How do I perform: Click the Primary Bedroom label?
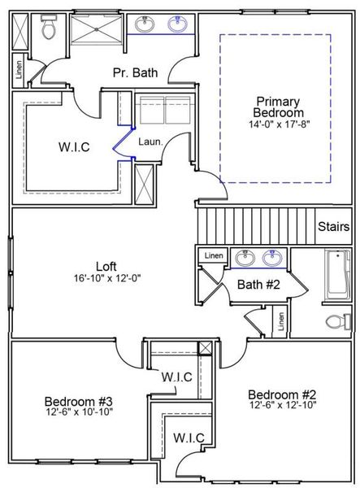pos(278,107)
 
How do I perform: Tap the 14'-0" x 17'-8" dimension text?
pos(278,124)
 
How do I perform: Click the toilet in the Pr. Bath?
pos(48,30)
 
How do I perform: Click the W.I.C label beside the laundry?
pos(74,147)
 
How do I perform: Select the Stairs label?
pos(333,226)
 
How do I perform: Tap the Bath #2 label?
pos(258,285)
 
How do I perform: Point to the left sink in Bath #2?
pos(242,259)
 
